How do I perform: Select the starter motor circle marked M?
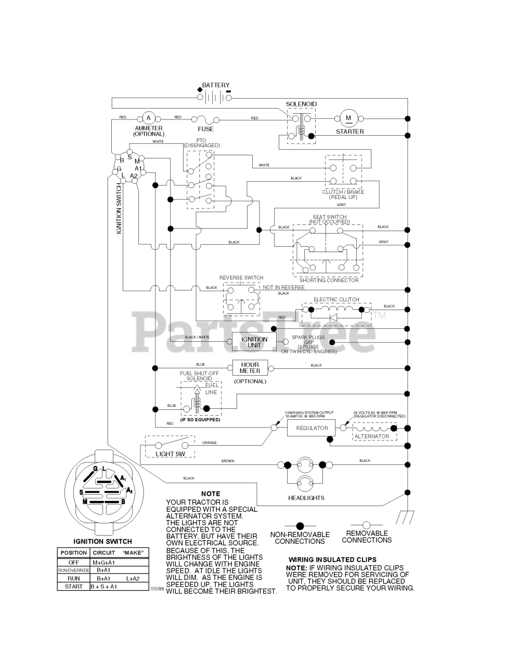tap(348, 118)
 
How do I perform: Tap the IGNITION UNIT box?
tap(254, 342)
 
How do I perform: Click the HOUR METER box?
tap(250, 367)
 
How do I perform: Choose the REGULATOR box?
tap(312, 428)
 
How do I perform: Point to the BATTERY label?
tap(215, 85)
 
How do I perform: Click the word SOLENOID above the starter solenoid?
tap(301, 104)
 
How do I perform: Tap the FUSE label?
tap(205, 129)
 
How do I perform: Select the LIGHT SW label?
tap(167, 454)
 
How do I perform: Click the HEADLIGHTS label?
tap(306, 498)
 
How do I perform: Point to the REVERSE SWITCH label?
tap(241, 278)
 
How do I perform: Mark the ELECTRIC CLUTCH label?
tap(336, 300)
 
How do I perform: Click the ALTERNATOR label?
tap(371, 436)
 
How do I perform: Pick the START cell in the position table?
tap(73, 587)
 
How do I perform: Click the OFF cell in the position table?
tap(73, 562)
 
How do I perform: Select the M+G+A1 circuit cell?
tap(103, 562)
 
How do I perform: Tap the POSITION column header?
tap(73, 553)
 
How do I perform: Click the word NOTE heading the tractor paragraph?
tap(210, 494)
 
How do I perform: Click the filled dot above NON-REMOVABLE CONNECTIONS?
tap(300, 526)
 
